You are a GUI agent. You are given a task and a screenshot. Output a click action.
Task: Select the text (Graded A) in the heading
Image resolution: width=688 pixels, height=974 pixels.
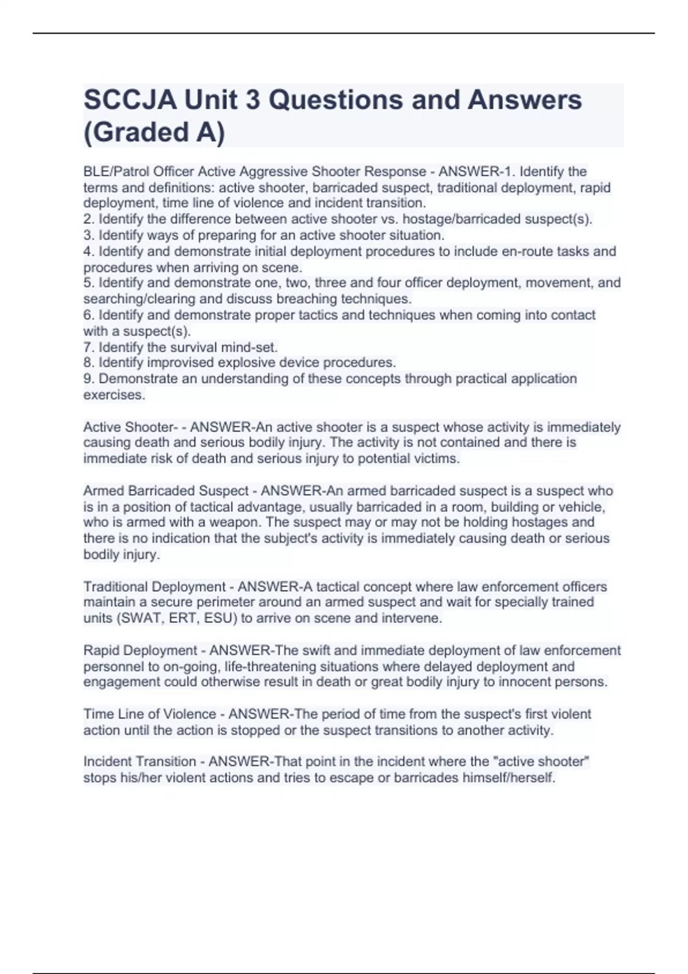(154, 132)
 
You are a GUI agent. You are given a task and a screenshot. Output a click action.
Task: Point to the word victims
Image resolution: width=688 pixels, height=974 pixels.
(437, 458)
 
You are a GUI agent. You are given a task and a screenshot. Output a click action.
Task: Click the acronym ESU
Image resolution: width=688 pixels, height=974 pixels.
(218, 618)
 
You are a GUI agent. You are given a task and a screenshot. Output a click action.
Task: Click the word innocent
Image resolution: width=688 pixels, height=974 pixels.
(527, 682)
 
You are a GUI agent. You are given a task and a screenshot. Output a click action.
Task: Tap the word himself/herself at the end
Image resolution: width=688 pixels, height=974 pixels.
(508, 778)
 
